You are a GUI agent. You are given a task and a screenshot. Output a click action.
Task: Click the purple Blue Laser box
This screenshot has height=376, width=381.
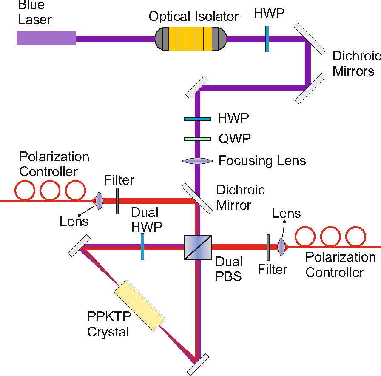coord(46,38)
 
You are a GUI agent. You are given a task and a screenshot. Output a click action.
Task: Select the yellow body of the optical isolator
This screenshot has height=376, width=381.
coord(190,39)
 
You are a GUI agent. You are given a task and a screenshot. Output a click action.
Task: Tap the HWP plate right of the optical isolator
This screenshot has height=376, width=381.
coord(267,39)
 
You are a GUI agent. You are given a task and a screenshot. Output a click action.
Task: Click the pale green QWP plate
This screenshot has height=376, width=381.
coord(197,139)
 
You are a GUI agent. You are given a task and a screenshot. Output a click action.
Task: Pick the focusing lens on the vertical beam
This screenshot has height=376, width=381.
coord(197,161)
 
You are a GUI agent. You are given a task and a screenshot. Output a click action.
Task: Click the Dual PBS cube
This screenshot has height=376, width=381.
coord(198,247)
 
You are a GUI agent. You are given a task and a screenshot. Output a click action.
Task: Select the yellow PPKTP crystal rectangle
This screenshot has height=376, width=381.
coord(139,305)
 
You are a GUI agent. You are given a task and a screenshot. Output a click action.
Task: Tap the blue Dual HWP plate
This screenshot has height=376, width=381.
coord(142,247)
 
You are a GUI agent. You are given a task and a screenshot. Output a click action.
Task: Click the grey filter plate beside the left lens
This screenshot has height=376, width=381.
coord(117,201)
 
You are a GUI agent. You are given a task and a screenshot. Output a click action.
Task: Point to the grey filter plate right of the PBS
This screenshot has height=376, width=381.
coord(268,248)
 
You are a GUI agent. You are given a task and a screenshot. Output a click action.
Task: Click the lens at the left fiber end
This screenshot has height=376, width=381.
coord(99,201)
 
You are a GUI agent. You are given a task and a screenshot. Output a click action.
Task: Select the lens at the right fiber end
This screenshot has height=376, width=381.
coord(281,247)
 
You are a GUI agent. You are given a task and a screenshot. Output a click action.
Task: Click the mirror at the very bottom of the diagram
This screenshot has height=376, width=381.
coord(198,365)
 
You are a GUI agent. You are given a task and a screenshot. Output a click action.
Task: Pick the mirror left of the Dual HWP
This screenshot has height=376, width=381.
coord(79,246)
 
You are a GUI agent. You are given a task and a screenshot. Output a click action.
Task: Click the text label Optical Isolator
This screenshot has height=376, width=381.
coord(193,17)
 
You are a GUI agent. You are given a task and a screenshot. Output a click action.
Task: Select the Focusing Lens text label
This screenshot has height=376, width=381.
coord(262,161)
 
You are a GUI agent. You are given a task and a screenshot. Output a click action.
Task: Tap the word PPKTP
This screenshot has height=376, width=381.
coord(109,316)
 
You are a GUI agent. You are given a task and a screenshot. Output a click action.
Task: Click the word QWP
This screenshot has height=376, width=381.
coord(234,139)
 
